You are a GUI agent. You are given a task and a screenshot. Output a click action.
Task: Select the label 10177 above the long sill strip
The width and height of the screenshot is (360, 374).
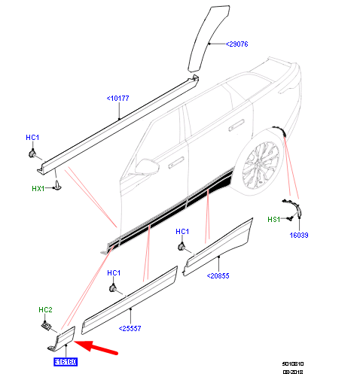pyautogui.click(x=118, y=97)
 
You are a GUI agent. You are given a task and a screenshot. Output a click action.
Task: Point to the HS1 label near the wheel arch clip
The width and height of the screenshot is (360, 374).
pyautogui.click(x=273, y=219)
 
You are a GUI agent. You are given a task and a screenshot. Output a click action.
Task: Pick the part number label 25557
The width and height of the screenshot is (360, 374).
pyautogui.click(x=131, y=328)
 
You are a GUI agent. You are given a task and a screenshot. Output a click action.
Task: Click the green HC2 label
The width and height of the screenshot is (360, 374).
pyautogui.click(x=46, y=310)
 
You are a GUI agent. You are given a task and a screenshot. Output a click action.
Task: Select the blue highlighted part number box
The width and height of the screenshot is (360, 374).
pyautogui.click(x=66, y=362)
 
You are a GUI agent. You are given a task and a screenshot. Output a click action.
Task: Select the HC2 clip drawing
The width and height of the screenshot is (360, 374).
pyautogui.click(x=46, y=326)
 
